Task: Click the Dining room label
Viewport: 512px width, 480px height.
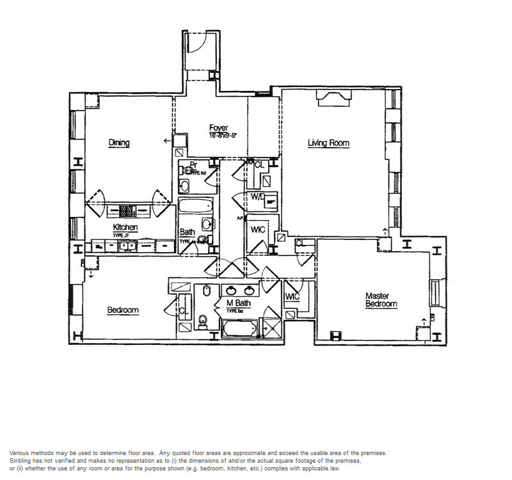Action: tap(119, 143)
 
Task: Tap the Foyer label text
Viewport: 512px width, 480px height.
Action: tap(218, 128)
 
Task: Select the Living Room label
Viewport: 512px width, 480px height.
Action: tap(328, 143)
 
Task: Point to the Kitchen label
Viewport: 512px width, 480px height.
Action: tap(125, 227)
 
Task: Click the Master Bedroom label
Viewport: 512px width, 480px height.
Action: tap(381, 300)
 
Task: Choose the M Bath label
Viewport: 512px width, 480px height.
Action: tap(238, 303)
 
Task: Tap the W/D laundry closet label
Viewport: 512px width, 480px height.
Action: tap(258, 196)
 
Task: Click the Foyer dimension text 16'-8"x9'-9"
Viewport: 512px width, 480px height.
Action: tap(223, 136)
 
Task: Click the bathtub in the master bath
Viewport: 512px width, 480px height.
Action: tap(239, 328)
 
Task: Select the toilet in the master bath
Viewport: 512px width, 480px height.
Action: tap(204, 319)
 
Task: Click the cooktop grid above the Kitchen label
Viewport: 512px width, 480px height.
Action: tap(126, 211)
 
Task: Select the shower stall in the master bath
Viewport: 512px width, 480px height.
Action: tap(271, 327)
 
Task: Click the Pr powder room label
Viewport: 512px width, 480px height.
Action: tap(193, 165)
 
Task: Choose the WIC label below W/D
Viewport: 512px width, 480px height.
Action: tap(258, 229)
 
